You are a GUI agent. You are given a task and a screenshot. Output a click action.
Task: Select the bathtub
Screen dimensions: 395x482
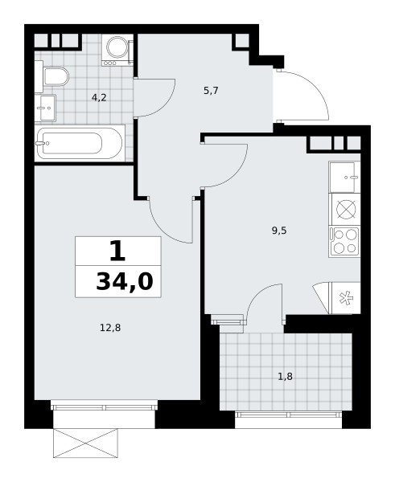[80, 143]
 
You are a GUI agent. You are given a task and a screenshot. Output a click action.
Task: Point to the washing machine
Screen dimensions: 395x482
[117, 50]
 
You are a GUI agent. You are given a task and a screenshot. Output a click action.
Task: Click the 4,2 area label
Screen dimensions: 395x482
[99, 98]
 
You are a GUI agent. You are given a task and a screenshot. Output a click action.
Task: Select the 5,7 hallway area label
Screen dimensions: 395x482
[211, 91]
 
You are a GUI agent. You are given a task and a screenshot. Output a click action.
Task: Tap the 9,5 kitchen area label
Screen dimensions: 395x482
[279, 231]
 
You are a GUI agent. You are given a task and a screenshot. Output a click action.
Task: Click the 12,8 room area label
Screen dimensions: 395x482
[110, 328]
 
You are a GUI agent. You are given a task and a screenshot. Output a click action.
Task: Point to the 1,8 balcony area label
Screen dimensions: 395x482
[286, 376]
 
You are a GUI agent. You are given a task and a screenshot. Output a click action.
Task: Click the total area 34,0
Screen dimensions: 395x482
[125, 282]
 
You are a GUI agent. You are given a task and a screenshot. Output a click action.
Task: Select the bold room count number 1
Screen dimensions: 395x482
[117, 251]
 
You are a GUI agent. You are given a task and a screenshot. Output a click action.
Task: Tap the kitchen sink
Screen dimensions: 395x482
[344, 177]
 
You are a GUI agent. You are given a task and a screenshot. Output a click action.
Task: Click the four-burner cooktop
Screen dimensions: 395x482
[344, 242]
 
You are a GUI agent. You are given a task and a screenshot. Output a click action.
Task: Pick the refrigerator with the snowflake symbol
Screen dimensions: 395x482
[344, 298]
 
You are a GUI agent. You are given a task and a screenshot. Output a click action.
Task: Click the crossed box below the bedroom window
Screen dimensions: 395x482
[85, 443]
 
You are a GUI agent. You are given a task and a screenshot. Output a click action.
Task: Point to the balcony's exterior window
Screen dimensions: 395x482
[288, 415]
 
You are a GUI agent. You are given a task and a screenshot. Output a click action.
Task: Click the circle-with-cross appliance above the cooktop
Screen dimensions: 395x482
[346, 210]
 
